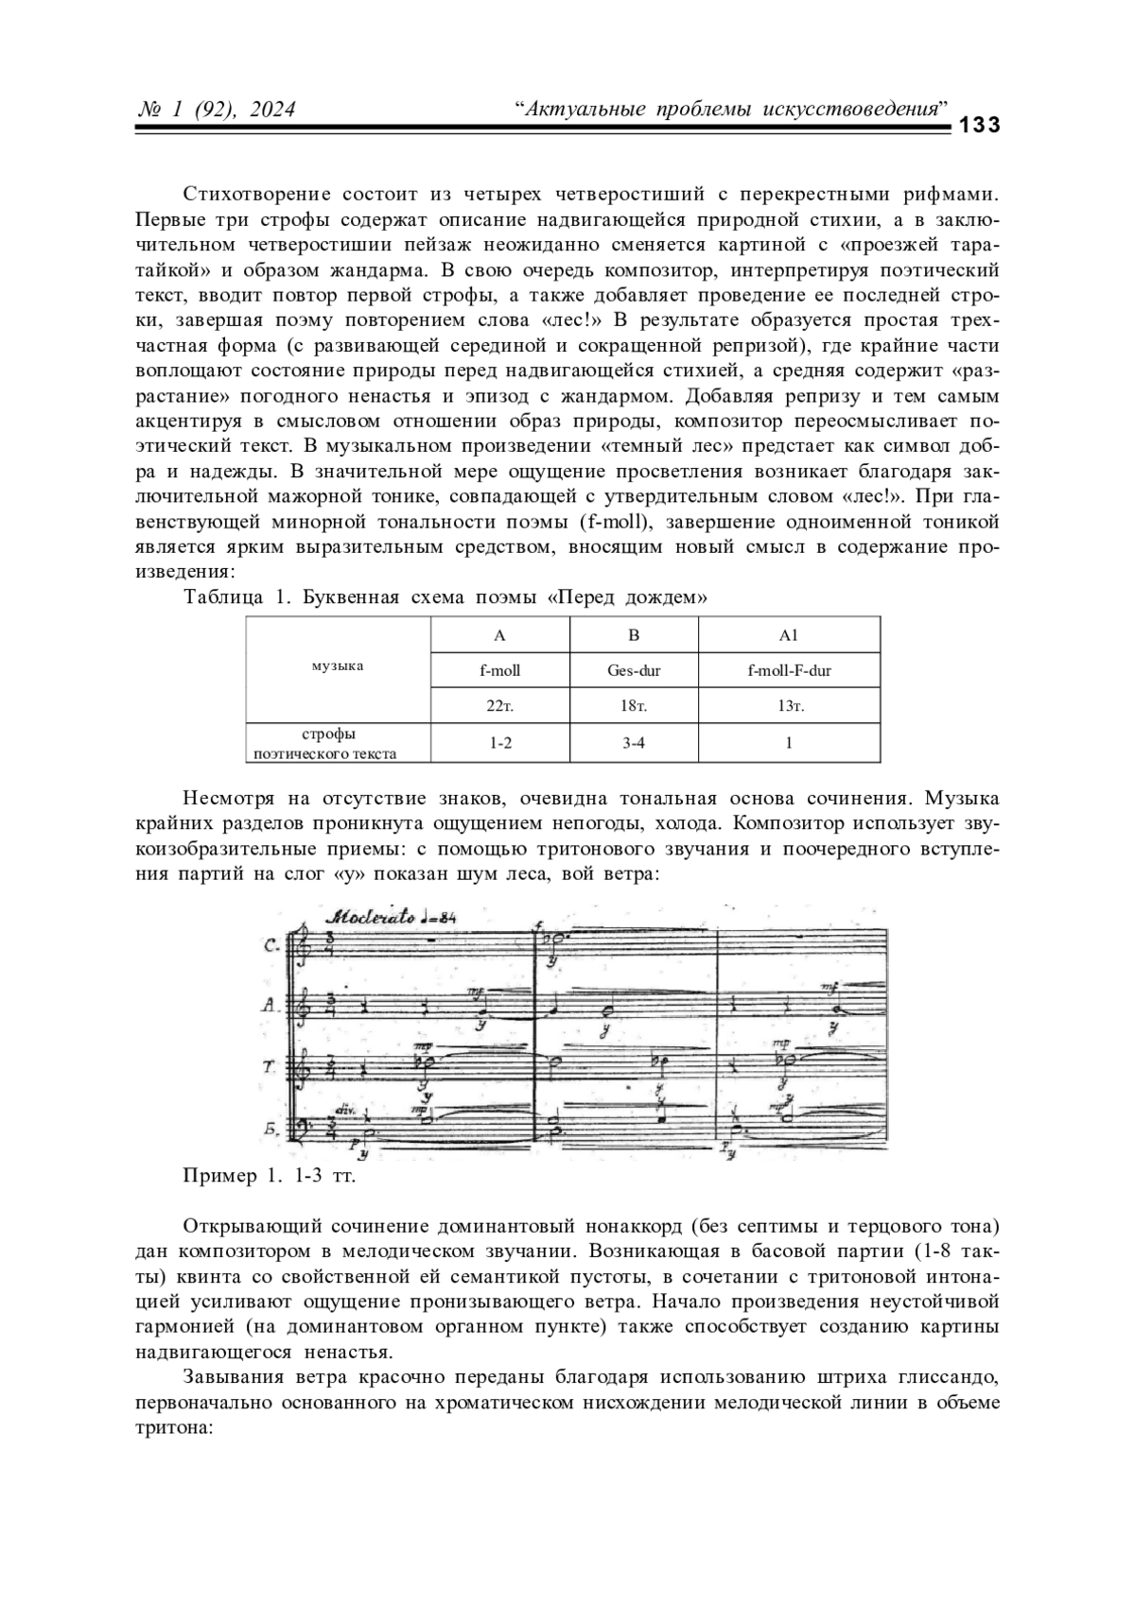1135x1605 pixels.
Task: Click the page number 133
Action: coord(980,127)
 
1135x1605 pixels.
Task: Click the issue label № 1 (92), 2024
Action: coord(217,111)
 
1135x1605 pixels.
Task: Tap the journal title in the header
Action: coord(731,110)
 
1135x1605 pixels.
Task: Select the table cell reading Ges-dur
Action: coord(634,671)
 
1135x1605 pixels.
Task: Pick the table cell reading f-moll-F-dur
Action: coord(789,671)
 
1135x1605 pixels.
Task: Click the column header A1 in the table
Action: coord(789,635)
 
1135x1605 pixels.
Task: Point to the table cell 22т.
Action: coord(500,706)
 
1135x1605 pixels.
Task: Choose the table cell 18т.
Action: coord(634,706)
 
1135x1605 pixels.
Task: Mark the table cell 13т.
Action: coord(789,706)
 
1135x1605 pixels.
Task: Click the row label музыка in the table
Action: coord(338,666)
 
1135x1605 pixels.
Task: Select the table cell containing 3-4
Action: coord(634,743)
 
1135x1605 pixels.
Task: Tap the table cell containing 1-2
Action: coord(500,743)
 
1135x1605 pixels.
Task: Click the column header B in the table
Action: coord(634,635)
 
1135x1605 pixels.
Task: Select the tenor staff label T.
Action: coord(270,1067)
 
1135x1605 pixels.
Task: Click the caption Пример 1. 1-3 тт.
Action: coord(269,1177)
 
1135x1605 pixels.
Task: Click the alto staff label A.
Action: coord(270,1007)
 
